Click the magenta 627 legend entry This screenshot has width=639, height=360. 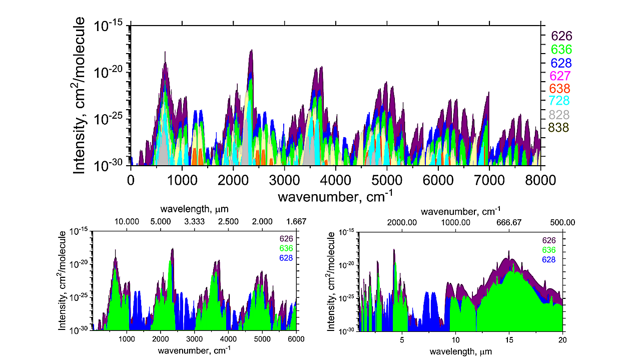[x=561, y=76]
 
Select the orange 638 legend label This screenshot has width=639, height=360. [x=561, y=89]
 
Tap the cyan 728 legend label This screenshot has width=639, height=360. [x=561, y=102]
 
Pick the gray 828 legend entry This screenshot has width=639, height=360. [x=561, y=115]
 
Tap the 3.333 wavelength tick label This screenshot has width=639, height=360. [x=194, y=221]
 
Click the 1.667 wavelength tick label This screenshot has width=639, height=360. [x=296, y=221]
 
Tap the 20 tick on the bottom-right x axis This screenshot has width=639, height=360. [x=563, y=338]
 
